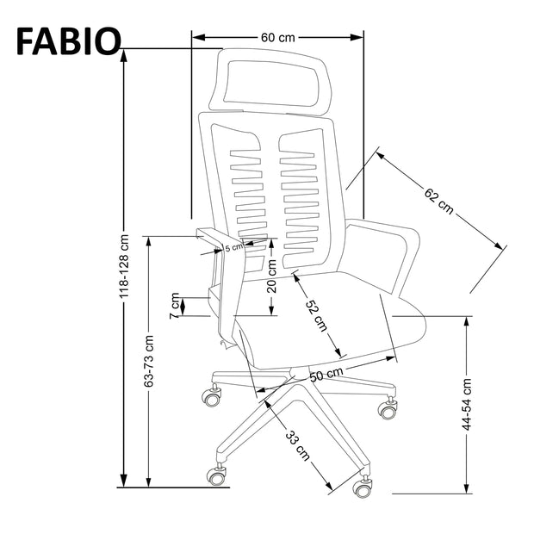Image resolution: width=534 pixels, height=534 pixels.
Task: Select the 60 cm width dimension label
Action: (277, 37)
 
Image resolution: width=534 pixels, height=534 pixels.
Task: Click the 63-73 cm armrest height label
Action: (148, 357)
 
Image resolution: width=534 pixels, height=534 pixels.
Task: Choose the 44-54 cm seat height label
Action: (466, 404)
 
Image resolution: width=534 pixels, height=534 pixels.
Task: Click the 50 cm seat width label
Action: (327, 375)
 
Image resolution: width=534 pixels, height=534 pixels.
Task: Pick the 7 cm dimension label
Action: (176, 306)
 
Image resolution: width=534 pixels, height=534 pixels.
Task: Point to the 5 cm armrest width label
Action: (233, 248)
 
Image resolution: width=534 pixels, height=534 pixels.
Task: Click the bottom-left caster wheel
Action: (216, 474)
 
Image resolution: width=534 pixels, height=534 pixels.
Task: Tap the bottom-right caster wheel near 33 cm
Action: (363, 487)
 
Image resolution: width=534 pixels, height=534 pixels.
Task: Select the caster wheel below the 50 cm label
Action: (388, 409)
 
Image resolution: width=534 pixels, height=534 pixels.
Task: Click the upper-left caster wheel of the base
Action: (210, 397)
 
